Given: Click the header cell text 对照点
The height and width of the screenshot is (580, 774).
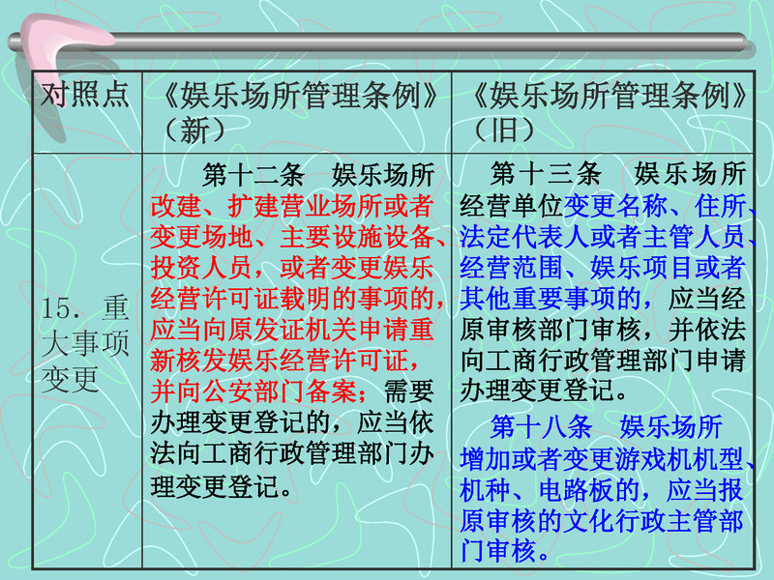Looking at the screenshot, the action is (x=85, y=94).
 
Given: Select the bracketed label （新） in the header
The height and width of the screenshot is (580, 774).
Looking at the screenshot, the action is (x=194, y=130).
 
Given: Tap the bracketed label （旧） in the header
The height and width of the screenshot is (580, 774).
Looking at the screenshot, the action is (x=503, y=130).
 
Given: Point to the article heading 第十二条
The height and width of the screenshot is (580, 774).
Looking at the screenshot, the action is (x=253, y=175).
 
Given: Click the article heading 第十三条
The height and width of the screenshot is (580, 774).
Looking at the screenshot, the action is (x=546, y=174).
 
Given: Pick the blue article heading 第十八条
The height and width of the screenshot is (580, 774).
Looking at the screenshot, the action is (x=541, y=426).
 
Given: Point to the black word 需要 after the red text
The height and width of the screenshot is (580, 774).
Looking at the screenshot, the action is (x=408, y=391).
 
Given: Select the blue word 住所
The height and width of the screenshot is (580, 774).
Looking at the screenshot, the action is (x=720, y=206).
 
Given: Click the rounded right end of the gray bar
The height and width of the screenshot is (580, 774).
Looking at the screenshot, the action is (x=744, y=43).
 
